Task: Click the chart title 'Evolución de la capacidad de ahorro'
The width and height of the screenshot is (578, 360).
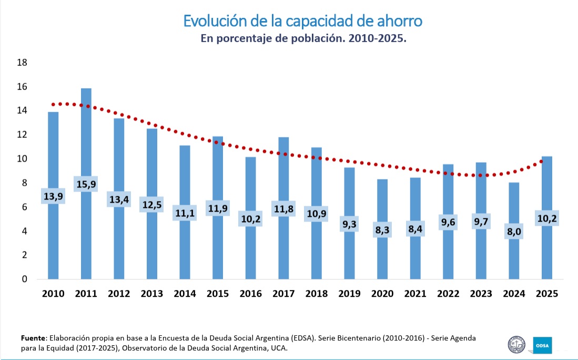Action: [303, 21]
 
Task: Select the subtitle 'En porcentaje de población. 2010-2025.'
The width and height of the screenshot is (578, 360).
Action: [304, 39]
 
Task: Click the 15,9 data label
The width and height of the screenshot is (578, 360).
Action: [86, 184]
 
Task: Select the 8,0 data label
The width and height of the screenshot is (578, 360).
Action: [514, 232]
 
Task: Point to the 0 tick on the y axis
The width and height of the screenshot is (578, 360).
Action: [24, 279]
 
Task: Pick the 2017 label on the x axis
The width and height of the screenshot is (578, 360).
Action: [283, 294]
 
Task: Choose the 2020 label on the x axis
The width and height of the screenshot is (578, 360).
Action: [382, 294]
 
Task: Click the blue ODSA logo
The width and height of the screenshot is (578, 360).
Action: [542, 345]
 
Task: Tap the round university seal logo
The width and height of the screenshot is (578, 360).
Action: [516, 345]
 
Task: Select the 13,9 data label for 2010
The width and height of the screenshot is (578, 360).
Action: [53, 196]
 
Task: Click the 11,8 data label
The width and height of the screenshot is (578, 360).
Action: [283, 208]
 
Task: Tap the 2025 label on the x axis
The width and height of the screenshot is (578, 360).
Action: [547, 294]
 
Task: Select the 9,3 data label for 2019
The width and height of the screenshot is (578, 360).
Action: [349, 224]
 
